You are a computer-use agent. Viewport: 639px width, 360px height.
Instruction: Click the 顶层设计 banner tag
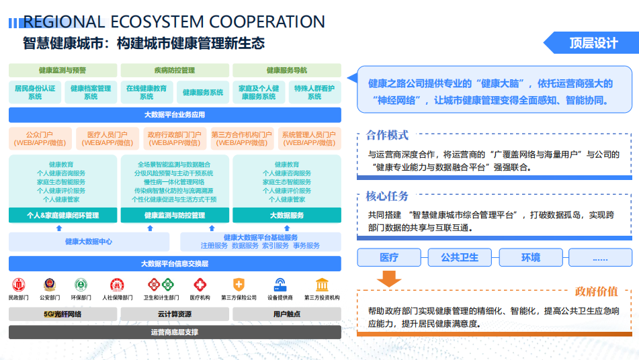pyautogui.click(x=593, y=44)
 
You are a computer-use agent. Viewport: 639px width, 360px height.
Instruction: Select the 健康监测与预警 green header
pyautogui.click(x=62, y=70)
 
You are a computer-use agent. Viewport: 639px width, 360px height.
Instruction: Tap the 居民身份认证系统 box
pyautogui.click(x=35, y=92)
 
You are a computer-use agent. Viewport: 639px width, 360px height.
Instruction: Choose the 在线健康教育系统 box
pyautogui.click(x=146, y=92)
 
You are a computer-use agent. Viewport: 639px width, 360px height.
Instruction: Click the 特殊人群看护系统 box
pyautogui.click(x=314, y=92)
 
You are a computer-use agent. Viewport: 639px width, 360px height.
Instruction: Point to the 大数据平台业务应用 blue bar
pyautogui.click(x=175, y=115)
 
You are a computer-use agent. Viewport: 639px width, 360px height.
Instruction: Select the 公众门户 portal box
pyautogui.click(x=40, y=138)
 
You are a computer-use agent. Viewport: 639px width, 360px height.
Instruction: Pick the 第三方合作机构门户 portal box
pyautogui.click(x=242, y=138)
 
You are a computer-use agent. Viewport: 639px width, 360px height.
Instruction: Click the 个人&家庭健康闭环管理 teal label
pyautogui.click(x=62, y=216)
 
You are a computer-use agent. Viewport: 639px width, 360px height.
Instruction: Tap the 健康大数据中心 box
pyautogui.click(x=89, y=242)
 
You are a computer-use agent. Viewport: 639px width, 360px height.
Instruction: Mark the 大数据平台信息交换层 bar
pyautogui.click(x=175, y=263)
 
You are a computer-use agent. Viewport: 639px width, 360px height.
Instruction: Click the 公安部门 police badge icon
pyautogui.click(x=50, y=285)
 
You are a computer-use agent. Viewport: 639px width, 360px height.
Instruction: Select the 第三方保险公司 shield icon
pyautogui.click(x=239, y=285)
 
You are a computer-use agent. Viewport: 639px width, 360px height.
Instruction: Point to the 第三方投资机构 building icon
pyautogui.click(x=322, y=285)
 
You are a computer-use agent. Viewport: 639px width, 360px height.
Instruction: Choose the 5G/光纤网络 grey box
pyautogui.click(x=62, y=314)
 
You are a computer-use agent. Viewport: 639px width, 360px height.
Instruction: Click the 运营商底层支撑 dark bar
pyautogui.click(x=175, y=332)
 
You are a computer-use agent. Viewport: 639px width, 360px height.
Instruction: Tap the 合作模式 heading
pyautogui.click(x=387, y=136)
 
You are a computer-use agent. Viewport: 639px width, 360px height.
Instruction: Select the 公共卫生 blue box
pyautogui.click(x=460, y=257)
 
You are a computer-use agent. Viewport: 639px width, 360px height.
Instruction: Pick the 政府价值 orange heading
pyautogui.click(x=596, y=291)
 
